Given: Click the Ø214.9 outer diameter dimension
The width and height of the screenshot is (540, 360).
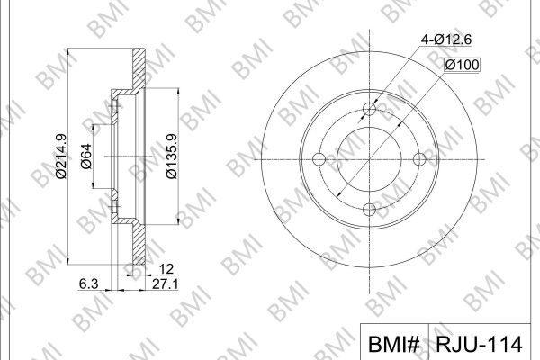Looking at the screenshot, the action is click(61, 157).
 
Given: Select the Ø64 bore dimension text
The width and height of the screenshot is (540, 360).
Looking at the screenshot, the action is click(86, 157).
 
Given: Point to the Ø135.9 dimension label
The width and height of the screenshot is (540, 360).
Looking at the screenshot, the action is click(172, 157).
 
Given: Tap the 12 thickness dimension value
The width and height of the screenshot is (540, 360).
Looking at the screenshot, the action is click(166, 269).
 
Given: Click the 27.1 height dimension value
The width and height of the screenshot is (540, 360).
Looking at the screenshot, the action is click(166, 284).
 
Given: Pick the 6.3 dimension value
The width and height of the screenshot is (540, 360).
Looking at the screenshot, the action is click(89, 284).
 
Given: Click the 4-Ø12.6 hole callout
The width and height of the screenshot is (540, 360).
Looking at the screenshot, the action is click(446, 40).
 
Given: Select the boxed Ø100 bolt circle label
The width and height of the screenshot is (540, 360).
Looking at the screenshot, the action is click(462, 65).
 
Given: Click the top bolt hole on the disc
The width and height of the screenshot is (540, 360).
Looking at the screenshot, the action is click(370, 109).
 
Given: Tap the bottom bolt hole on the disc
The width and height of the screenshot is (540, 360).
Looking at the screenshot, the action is click(370, 210).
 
